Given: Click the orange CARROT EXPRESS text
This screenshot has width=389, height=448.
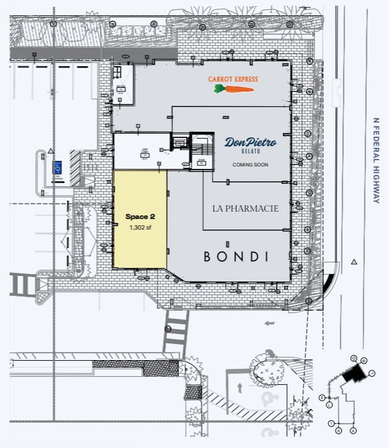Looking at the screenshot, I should [233, 79].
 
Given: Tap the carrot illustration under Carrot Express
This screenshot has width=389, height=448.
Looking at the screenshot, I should [234, 89].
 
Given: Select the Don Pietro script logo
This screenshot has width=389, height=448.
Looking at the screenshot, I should [250, 142].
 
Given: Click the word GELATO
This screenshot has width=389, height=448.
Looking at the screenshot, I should [250, 152].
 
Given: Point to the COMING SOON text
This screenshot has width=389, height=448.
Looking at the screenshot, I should [250, 165].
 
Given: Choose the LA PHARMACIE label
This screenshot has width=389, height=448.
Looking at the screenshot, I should [246, 209].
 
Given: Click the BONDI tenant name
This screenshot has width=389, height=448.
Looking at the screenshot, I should [237, 256].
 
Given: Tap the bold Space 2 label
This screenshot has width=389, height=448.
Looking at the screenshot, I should [137, 217].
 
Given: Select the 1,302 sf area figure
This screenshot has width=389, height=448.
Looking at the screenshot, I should [139, 228].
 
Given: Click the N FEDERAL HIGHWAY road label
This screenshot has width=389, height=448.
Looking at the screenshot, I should [375, 160].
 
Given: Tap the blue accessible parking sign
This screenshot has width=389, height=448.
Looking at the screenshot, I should [58, 166].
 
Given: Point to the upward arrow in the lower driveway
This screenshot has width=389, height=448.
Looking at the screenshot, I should [240, 387].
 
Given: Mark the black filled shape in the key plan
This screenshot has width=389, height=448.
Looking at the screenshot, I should [354, 373].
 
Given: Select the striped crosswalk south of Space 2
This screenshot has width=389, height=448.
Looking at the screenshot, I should [176, 332].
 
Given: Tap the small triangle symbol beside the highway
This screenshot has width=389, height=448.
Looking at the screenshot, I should [354, 262].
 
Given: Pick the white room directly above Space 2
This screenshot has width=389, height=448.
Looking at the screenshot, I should [142, 151].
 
